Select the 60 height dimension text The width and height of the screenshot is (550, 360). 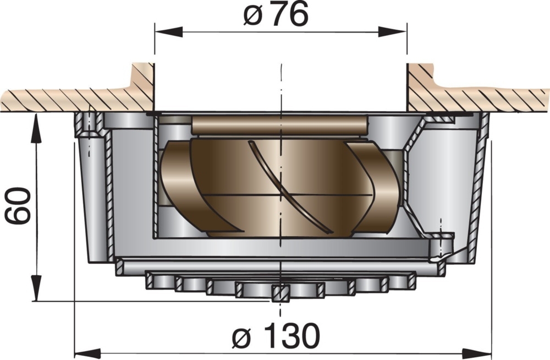18,205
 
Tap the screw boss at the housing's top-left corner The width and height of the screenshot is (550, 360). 89,125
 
